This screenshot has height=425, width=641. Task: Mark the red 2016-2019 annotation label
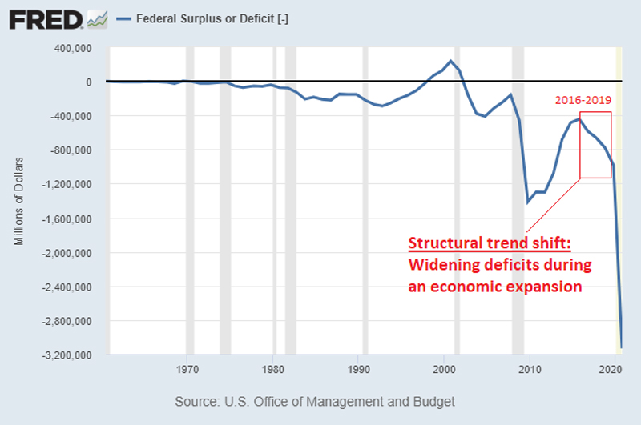click(583, 102)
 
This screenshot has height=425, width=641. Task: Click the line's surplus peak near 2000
click(451, 61)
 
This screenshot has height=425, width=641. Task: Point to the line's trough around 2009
click(528, 202)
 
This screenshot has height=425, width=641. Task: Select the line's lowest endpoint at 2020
click(621, 347)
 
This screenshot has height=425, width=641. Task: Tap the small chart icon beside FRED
click(98, 18)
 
